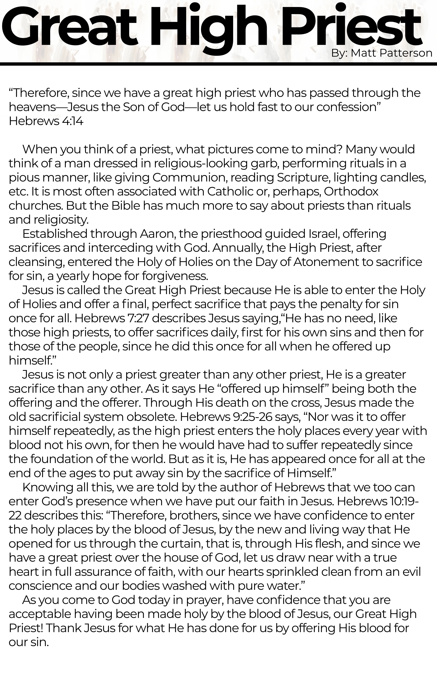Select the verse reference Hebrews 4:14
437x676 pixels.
coord(46,121)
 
